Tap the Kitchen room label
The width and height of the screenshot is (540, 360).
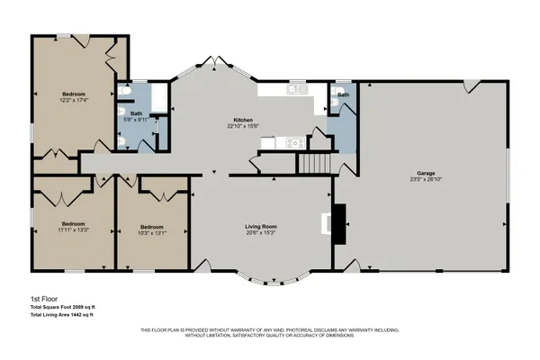(x=243, y=120)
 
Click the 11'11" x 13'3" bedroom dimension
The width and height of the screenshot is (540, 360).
(x=73, y=230)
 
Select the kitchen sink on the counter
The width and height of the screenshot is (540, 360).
(x=296, y=89)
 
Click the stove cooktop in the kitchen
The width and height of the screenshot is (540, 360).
(x=293, y=141)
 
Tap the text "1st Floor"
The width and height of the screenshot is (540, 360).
(x=43, y=301)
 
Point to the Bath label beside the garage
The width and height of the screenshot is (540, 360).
(x=343, y=94)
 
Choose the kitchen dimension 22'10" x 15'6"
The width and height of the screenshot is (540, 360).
(x=243, y=127)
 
